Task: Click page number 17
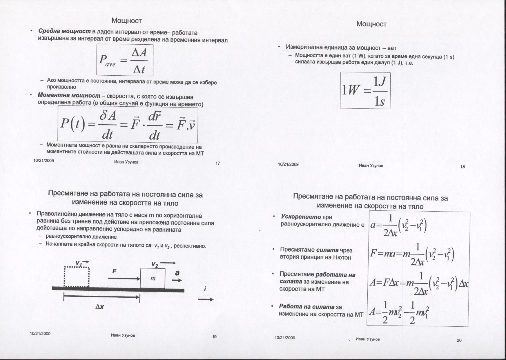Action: coord(218,163)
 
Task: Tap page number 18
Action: coord(463,167)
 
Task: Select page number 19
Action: coord(214,337)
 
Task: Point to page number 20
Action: coord(459,340)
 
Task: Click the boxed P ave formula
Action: coord(125,60)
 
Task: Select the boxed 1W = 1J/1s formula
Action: coord(365,90)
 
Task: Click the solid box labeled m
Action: coord(153,278)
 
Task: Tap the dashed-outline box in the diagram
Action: coord(77,277)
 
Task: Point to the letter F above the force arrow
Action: coord(114,271)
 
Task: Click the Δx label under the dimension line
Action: coord(100,306)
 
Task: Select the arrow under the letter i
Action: coord(206,299)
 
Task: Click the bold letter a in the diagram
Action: coord(177,273)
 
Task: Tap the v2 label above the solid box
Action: coord(155,264)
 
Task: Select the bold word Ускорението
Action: coord(301,217)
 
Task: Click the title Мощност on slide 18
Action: coord(371,24)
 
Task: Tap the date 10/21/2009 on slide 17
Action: coord(43,161)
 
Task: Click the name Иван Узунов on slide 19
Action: coord(123,335)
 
